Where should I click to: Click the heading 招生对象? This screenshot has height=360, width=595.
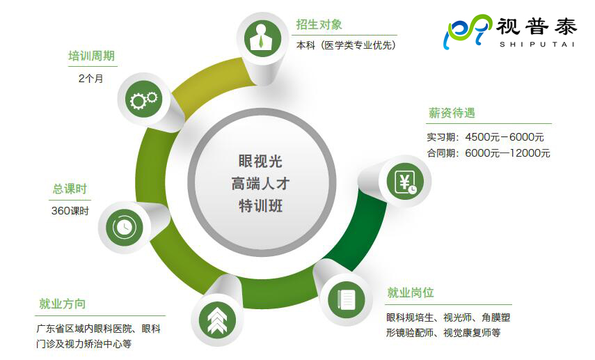click(x=319, y=24)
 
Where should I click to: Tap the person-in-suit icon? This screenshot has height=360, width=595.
click(x=262, y=38)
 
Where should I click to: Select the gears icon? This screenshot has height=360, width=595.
click(x=143, y=100)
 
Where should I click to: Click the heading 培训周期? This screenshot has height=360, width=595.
click(x=91, y=56)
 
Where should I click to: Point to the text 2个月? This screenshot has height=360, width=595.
click(x=91, y=79)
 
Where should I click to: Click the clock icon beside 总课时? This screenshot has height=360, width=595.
click(x=124, y=227)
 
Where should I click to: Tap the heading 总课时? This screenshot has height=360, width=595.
click(x=70, y=189)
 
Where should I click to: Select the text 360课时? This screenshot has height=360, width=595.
click(x=70, y=211)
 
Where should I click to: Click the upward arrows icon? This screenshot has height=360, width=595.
click(x=216, y=320)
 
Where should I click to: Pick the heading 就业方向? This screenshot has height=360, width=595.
click(x=62, y=304)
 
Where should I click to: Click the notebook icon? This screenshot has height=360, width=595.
click(x=346, y=299)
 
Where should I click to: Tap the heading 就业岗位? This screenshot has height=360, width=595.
click(x=411, y=292)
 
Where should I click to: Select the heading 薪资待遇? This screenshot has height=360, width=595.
click(x=452, y=113)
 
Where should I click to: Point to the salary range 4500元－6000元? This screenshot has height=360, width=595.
click(x=505, y=137)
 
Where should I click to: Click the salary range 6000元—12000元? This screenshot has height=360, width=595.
click(x=508, y=153)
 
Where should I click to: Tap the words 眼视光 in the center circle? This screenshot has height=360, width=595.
click(x=260, y=162)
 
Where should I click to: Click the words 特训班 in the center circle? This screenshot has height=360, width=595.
click(x=260, y=206)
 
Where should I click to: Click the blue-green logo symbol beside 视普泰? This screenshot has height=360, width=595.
click(x=468, y=31)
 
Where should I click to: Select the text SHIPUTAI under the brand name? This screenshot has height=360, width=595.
click(x=537, y=45)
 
